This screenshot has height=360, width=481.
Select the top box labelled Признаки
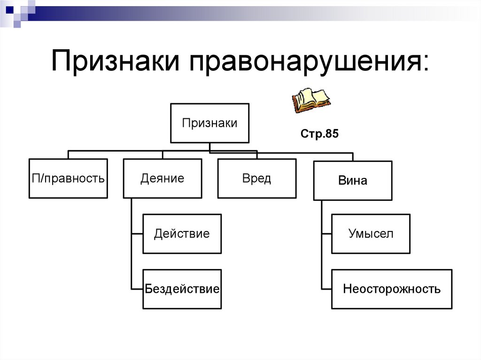click(x=209, y=123)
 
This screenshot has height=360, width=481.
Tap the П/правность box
click(x=68, y=178)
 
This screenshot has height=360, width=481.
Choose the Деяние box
click(x=163, y=178)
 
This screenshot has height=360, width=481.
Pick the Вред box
click(x=256, y=178)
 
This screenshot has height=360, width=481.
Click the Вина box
click(x=352, y=181)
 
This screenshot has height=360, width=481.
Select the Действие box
click(x=182, y=234)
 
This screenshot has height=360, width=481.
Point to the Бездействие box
click(x=182, y=289)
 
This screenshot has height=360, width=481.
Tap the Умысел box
click(x=371, y=234)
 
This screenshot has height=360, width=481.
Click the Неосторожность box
click(x=391, y=289)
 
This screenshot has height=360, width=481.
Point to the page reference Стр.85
click(x=319, y=134)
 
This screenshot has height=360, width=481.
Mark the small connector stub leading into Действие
click(x=137, y=234)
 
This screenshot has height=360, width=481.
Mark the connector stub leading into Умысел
click(x=326, y=234)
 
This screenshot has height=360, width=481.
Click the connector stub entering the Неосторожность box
click(x=326, y=288)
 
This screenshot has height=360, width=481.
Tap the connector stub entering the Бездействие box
click(x=137, y=288)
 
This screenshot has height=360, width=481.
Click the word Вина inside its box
click(x=352, y=181)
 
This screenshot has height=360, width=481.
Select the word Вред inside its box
click(x=256, y=179)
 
